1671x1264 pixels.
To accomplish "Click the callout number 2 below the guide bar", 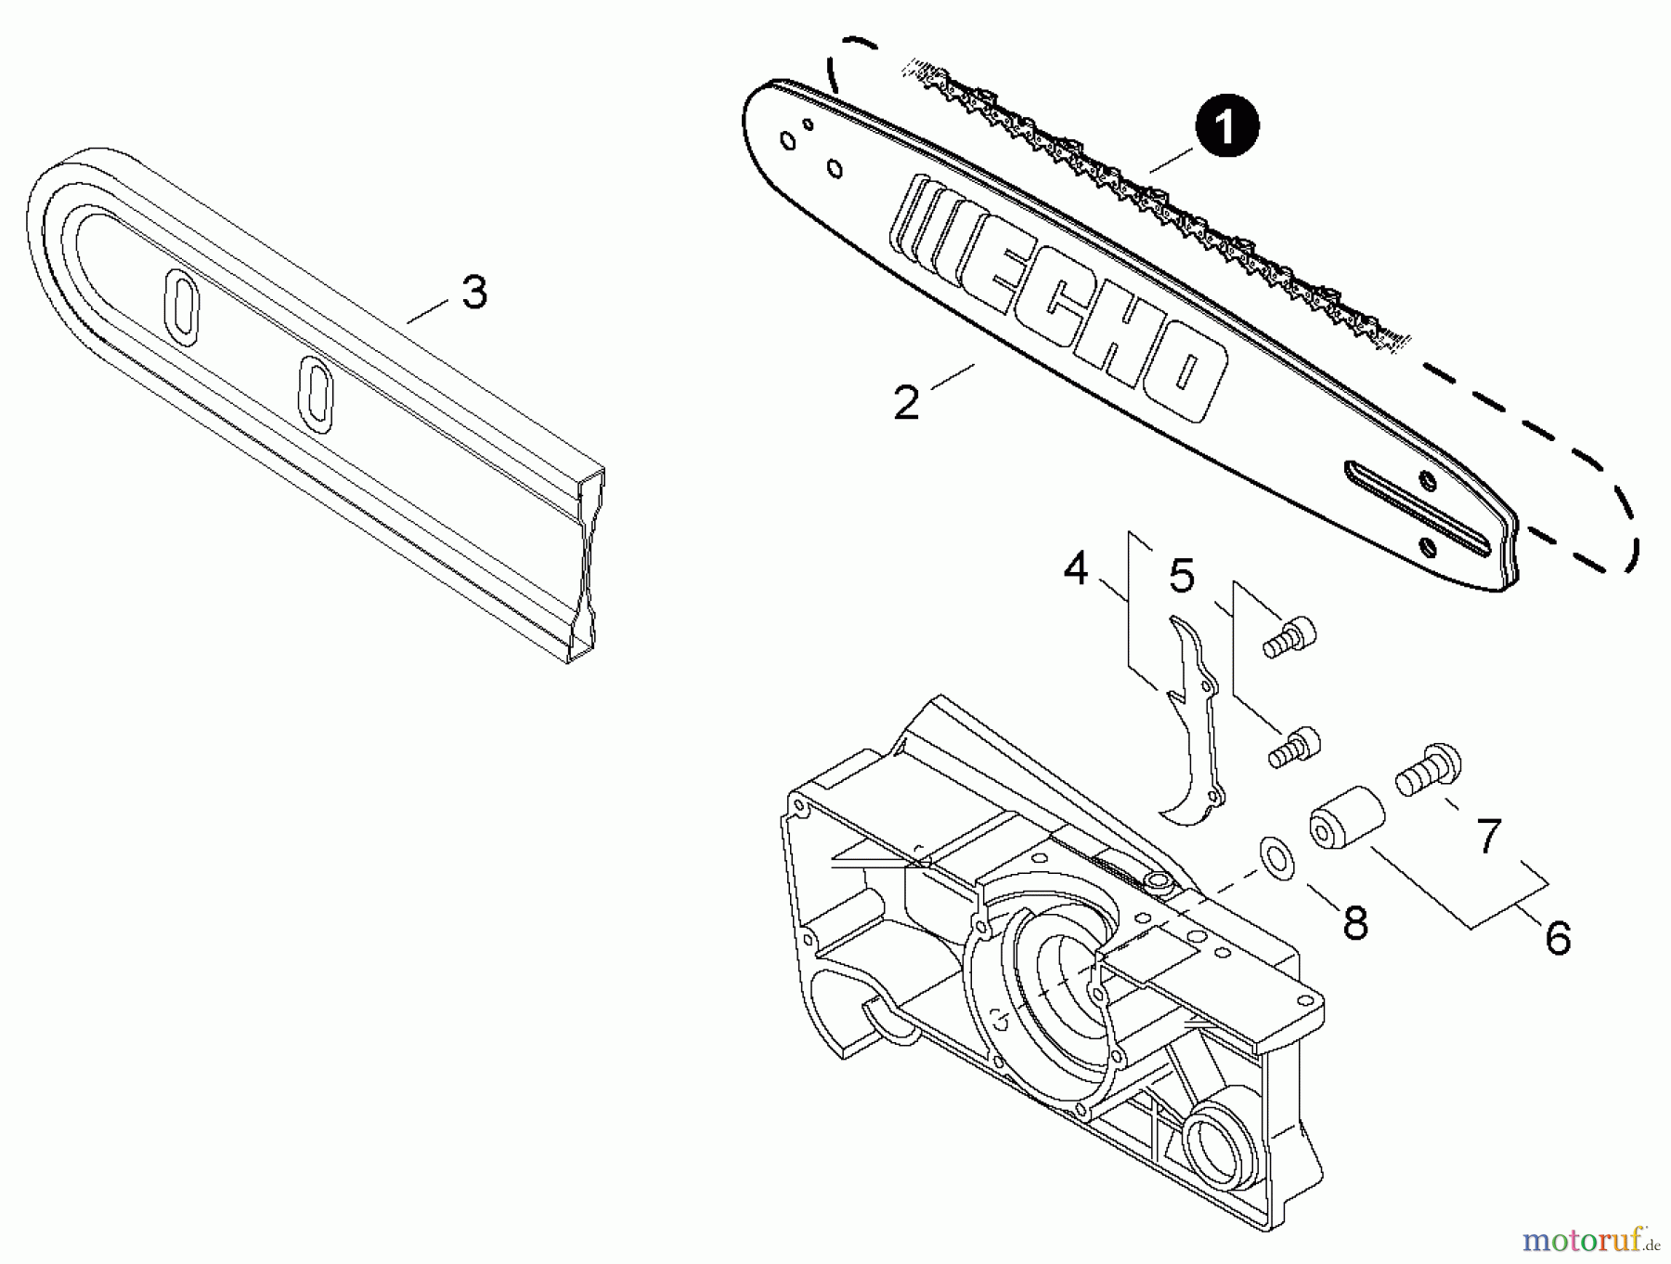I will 905,403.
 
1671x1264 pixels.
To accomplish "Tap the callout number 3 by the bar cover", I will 474,293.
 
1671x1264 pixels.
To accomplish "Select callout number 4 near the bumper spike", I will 1075,568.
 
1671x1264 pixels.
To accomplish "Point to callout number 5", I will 1181,577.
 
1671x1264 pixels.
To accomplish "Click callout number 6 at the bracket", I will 1557,937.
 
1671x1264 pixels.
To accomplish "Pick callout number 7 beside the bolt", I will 1488,836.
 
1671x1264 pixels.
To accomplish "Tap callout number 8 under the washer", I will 1355,922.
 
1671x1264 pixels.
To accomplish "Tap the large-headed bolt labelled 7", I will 1431,767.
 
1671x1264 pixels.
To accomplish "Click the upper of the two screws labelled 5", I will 1291,637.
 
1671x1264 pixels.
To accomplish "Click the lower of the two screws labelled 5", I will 1295,746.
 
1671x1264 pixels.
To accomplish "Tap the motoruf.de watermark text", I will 1589,1240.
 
